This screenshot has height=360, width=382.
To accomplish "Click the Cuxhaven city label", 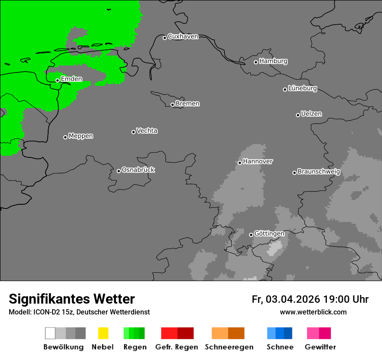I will pyautogui.click(x=183, y=36).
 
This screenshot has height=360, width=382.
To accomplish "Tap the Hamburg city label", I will pyautogui.click(x=273, y=61).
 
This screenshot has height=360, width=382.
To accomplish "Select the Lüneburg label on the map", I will pyautogui.click(x=303, y=88).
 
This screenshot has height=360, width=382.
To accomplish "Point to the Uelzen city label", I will pyautogui.click(x=311, y=114).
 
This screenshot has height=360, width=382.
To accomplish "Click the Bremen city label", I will pyautogui.click(x=188, y=104).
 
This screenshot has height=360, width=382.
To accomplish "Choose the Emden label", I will pyautogui.click(x=71, y=79).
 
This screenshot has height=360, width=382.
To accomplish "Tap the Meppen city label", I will pyautogui.click(x=81, y=136).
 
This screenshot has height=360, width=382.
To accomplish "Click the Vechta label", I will pyautogui.click(x=147, y=131).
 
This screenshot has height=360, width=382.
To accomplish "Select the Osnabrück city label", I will pyautogui.click(x=138, y=170).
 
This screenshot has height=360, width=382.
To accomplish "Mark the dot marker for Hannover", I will pyautogui.click(x=240, y=163).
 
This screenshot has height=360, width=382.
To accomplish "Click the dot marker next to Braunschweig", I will pyautogui.click(x=294, y=173).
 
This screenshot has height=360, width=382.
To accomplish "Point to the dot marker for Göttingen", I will pyautogui.click(x=251, y=235).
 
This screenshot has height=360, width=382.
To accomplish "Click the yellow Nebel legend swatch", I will pyautogui.click(x=103, y=333).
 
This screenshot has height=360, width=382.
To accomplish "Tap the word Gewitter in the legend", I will pyautogui.click(x=320, y=347).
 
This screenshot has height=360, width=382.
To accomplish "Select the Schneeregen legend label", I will pyautogui.click(x=229, y=347).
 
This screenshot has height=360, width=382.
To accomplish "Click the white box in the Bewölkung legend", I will pyautogui.click(x=50, y=333).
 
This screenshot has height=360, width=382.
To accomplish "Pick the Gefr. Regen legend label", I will pyautogui.click(x=177, y=347).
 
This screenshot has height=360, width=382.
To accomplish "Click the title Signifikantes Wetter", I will pyautogui.click(x=72, y=299).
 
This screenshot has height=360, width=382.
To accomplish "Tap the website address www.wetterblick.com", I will pyautogui.click(x=313, y=312).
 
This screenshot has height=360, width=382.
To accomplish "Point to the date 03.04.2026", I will pyautogui.click(x=293, y=299).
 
